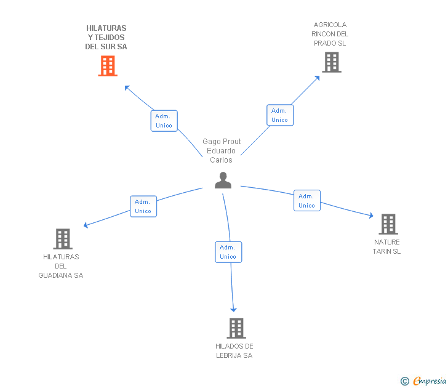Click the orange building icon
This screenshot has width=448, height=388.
coord(108,66)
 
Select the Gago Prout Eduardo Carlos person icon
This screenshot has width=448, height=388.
coord(223,180)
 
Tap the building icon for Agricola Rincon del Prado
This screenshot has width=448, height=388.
coord(331,62)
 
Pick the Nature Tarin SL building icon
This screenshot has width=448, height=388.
coord(388,224)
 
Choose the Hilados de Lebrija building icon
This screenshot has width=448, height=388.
coord(236,328)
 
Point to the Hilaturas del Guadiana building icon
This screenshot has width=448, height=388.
coord(63,239)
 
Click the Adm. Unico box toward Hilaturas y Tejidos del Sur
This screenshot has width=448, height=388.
coord(164,121)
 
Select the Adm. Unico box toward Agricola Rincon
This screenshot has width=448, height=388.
coord(280,115)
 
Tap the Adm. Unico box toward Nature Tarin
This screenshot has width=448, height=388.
coord(306,201)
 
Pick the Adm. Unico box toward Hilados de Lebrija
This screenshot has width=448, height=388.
coord(228,252)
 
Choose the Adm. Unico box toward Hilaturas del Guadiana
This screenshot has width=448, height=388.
coord(143,206)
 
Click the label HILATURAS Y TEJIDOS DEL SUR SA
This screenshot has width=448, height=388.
coord(106,38)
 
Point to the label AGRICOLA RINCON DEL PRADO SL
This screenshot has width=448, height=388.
coord(330,34)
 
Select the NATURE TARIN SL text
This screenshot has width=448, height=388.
coord(386,247)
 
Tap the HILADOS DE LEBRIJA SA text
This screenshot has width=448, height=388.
coord(234,351)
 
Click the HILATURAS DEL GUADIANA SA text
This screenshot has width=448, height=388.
coord(61,266)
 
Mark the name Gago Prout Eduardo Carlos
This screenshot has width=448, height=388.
coord(222,151)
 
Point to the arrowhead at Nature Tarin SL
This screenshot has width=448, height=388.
coord(371,216)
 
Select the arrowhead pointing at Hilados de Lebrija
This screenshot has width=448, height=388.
coord(234,310)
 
